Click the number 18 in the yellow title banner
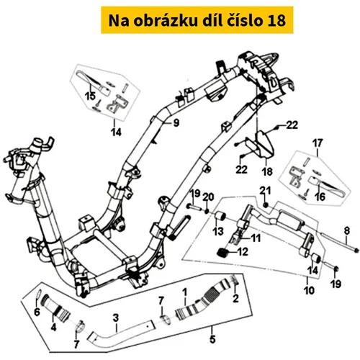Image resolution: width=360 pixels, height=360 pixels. (x=276, y=21)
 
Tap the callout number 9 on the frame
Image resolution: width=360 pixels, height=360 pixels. (x=176, y=123)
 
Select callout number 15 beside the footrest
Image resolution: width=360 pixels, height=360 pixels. (x=90, y=96)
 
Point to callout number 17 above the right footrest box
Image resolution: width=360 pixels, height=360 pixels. (x=318, y=143)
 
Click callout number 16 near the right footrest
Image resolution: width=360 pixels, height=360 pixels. (x=320, y=197)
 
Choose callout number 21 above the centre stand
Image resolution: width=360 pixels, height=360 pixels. (x=265, y=191)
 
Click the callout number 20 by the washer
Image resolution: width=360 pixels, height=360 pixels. (x=208, y=197)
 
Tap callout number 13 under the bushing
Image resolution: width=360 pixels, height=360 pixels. (x=218, y=231)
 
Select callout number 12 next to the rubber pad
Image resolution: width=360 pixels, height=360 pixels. (x=243, y=252)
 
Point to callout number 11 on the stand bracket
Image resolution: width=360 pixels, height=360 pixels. (x=256, y=238)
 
